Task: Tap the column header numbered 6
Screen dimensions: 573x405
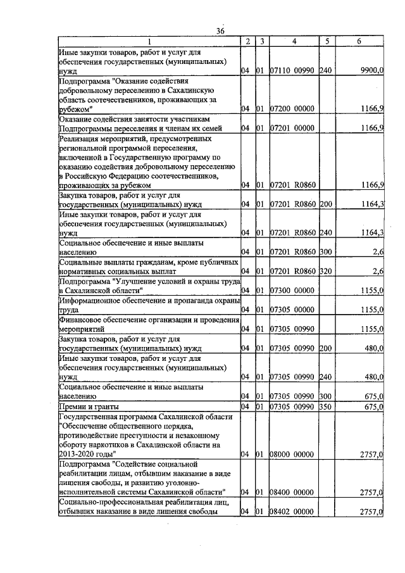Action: click(359, 41)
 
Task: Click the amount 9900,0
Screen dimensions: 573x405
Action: click(371, 73)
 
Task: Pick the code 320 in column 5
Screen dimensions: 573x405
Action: click(327, 272)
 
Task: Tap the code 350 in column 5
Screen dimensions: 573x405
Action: click(327, 406)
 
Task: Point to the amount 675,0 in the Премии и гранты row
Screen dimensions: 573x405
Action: click(373, 406)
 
